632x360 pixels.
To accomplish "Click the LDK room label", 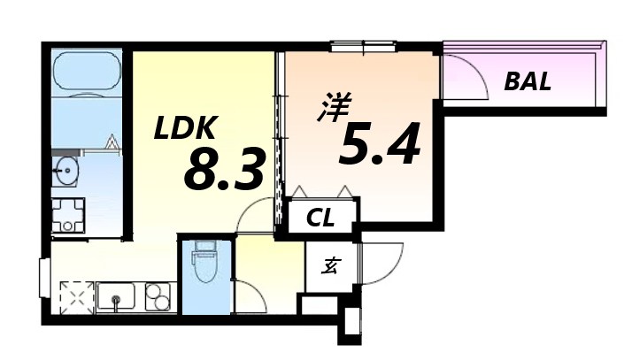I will pos(185,129).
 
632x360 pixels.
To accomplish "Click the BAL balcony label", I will pos(528,82).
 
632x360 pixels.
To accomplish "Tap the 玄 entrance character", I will pos(328,266).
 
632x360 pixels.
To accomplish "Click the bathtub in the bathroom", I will pos(87,72).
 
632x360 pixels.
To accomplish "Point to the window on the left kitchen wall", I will pos(43,275).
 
